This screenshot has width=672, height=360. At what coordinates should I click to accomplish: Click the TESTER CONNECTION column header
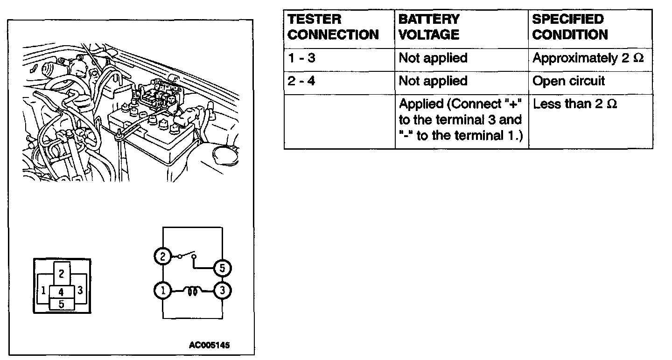pyautogui.click(x=332, y=27)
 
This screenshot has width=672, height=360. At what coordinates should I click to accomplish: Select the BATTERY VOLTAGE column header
pyautogui.click(x=429, y=27)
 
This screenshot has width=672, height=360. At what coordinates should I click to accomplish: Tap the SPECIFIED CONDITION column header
pyautogui.click(x=570, y=27)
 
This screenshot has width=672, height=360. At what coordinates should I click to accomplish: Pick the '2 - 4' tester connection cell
pyautogui.click(x=301, y=81)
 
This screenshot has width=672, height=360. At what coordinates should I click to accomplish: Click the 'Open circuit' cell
pyautogui.click(x=568, y=81)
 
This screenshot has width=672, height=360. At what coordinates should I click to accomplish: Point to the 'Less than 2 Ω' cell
pyautogui.click(x=575, y=104)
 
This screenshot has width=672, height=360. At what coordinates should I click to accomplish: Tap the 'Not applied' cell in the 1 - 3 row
pyautogui.click(x=433, y=58)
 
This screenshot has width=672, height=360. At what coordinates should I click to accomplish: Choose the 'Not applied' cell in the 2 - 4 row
pyautogui.click(x=433, y=81)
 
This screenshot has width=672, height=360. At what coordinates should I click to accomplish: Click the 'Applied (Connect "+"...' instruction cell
pyautogui.click(x=460, y=120)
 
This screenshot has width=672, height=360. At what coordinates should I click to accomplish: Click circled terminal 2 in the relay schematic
pyautogui.click(x=163, y=256)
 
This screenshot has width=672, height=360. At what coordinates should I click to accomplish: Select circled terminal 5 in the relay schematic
pyautogui.click(x=222, y=268)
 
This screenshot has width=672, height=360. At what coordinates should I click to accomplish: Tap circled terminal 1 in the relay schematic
pyautogui.click(x=163, y=291)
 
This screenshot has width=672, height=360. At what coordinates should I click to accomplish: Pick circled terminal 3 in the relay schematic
pyautogui.click(x=222, y=291)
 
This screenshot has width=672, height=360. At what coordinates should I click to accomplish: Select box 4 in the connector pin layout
pyautogui.click(x=61, y=292)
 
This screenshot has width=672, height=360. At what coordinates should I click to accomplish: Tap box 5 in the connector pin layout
pyautogui.click(x=61, y=304)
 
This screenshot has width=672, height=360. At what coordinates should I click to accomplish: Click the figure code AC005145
pyautogui.click(x=210, y=346)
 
